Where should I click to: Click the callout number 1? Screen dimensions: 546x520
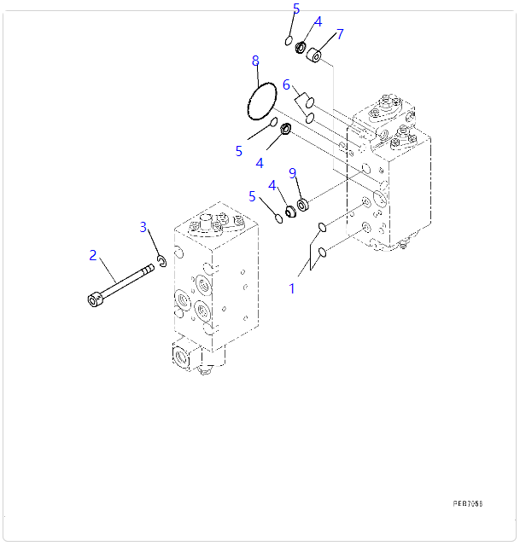(x=291, y=288)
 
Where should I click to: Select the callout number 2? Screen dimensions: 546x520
(x=92, y=255)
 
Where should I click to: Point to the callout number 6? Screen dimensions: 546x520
(x=287, y=84)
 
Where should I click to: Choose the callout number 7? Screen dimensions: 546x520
(x=339, y=34)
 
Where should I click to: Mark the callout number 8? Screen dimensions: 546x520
(x=254, y=61)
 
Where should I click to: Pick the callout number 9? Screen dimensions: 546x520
(x=293, y=173)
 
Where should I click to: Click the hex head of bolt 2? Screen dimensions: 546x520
(x=94, y=299)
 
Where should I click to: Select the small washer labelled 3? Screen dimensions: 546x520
(x=160, y=261)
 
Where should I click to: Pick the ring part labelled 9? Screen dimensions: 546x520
(x=302, y=206)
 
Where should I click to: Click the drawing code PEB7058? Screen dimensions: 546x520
(x=468, y=503)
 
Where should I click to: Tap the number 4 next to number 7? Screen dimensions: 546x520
(x=318, y=22)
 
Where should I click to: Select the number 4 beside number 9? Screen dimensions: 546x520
(x=272, y=185)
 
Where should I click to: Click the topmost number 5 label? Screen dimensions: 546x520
(x=295, y=9)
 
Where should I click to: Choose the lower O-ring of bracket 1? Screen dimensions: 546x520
(x=322, y=253)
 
